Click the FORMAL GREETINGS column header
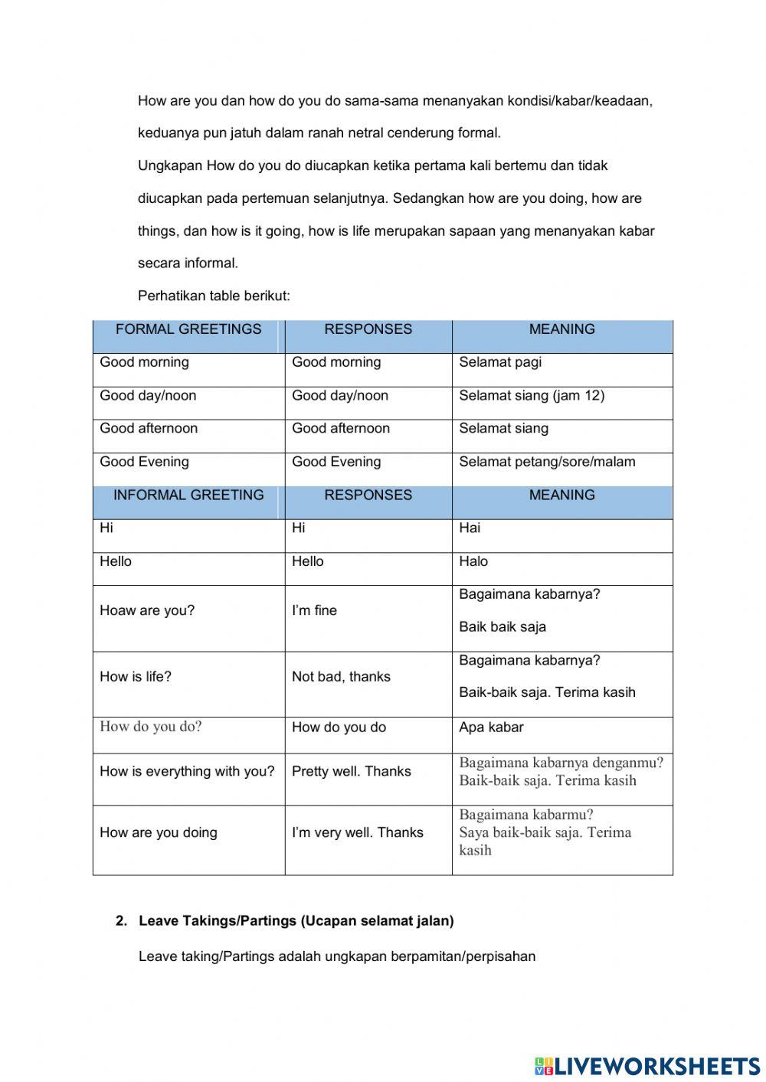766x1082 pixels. tap(188, 329)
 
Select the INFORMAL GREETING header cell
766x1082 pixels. tap(188, 495)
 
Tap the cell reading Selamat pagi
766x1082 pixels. tap(500, 362)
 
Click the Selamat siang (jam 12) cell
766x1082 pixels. tap(532, 396)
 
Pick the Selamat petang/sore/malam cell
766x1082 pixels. tap(547, 462)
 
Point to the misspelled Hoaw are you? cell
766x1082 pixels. tap(147, 611)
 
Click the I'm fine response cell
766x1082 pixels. tap(314, 611)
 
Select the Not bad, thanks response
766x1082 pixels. tap(341, 677)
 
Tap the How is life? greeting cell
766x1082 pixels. tap(136, 677)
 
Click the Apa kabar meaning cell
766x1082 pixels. tap(491, 727)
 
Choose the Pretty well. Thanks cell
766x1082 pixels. tap(352, 772)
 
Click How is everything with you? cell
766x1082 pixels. tap(187, 772)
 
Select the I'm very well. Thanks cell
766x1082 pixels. tap(358, 833)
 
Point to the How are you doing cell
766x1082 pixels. tap(159, 833)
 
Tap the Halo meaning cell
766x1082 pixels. tap(473, 562)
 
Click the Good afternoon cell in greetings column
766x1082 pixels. tap(149, 429)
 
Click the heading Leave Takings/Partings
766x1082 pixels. tap(296, 921)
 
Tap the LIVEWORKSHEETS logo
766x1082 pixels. tap(647, 1065)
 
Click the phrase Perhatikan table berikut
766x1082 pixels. tap(214, 296)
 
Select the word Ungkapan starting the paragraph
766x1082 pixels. tap(170, 165)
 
